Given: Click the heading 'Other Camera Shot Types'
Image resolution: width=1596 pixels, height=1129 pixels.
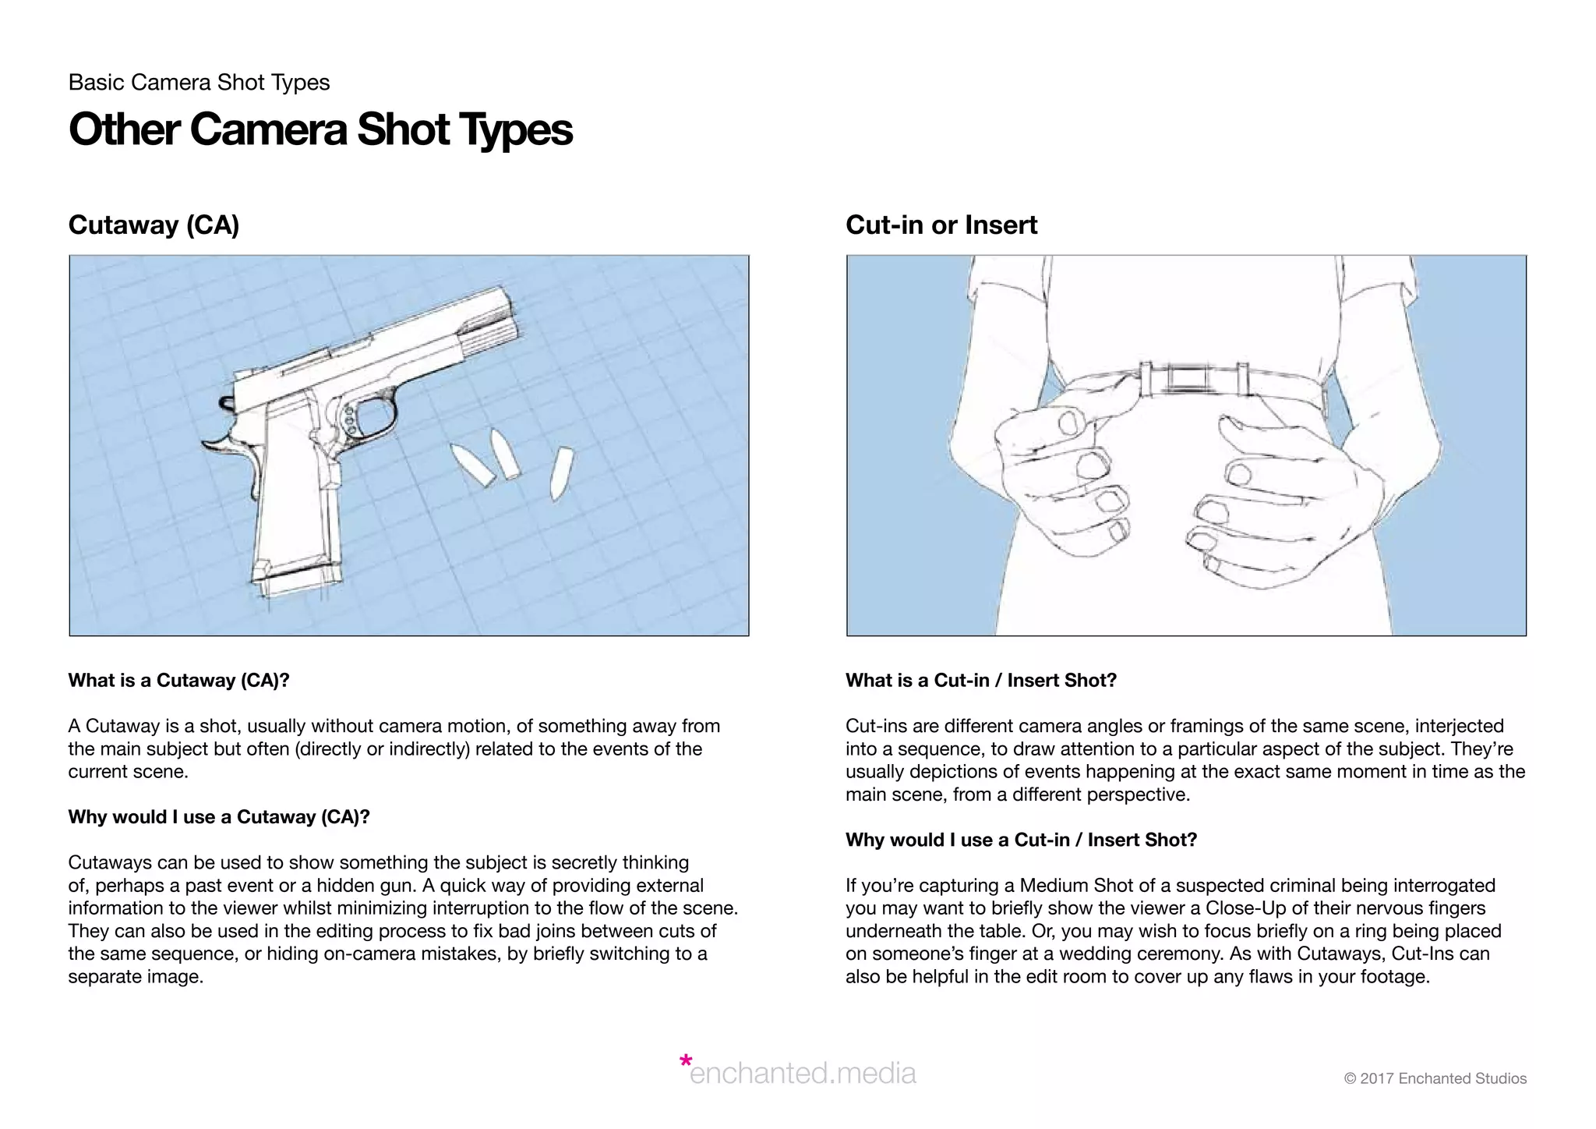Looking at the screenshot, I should pos(320,129).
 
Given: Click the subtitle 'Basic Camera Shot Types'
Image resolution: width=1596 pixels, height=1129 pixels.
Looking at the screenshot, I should pos(199,83).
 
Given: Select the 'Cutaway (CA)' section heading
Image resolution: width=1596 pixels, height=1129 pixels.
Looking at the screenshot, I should pos(154,225).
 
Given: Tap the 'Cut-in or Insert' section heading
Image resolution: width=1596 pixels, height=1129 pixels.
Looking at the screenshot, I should pos(941,225).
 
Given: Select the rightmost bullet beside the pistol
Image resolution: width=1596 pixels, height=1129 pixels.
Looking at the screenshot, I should pos(560,472).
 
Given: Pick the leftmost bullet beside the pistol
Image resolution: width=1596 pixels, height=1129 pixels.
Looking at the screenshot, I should pos(472,465).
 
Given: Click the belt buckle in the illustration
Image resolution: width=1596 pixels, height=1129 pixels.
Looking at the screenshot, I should pos(1189,379).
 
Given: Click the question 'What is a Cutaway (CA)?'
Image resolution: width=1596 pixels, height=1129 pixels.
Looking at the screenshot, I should pos(178,681).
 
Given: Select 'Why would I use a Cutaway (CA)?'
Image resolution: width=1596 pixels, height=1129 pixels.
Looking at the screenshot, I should pos(218,817).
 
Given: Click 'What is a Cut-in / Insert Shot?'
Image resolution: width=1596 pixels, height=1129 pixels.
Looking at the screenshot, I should pos(980,681).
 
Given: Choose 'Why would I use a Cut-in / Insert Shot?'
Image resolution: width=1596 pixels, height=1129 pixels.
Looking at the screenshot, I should pos(1021,840).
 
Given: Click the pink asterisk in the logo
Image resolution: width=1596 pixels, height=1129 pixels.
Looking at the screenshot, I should pos(685,1061).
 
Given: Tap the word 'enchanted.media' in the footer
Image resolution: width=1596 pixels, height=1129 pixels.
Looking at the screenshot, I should pos(803,1074).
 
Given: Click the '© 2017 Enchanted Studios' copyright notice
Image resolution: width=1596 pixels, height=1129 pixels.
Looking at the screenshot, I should pos(1435,1078).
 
